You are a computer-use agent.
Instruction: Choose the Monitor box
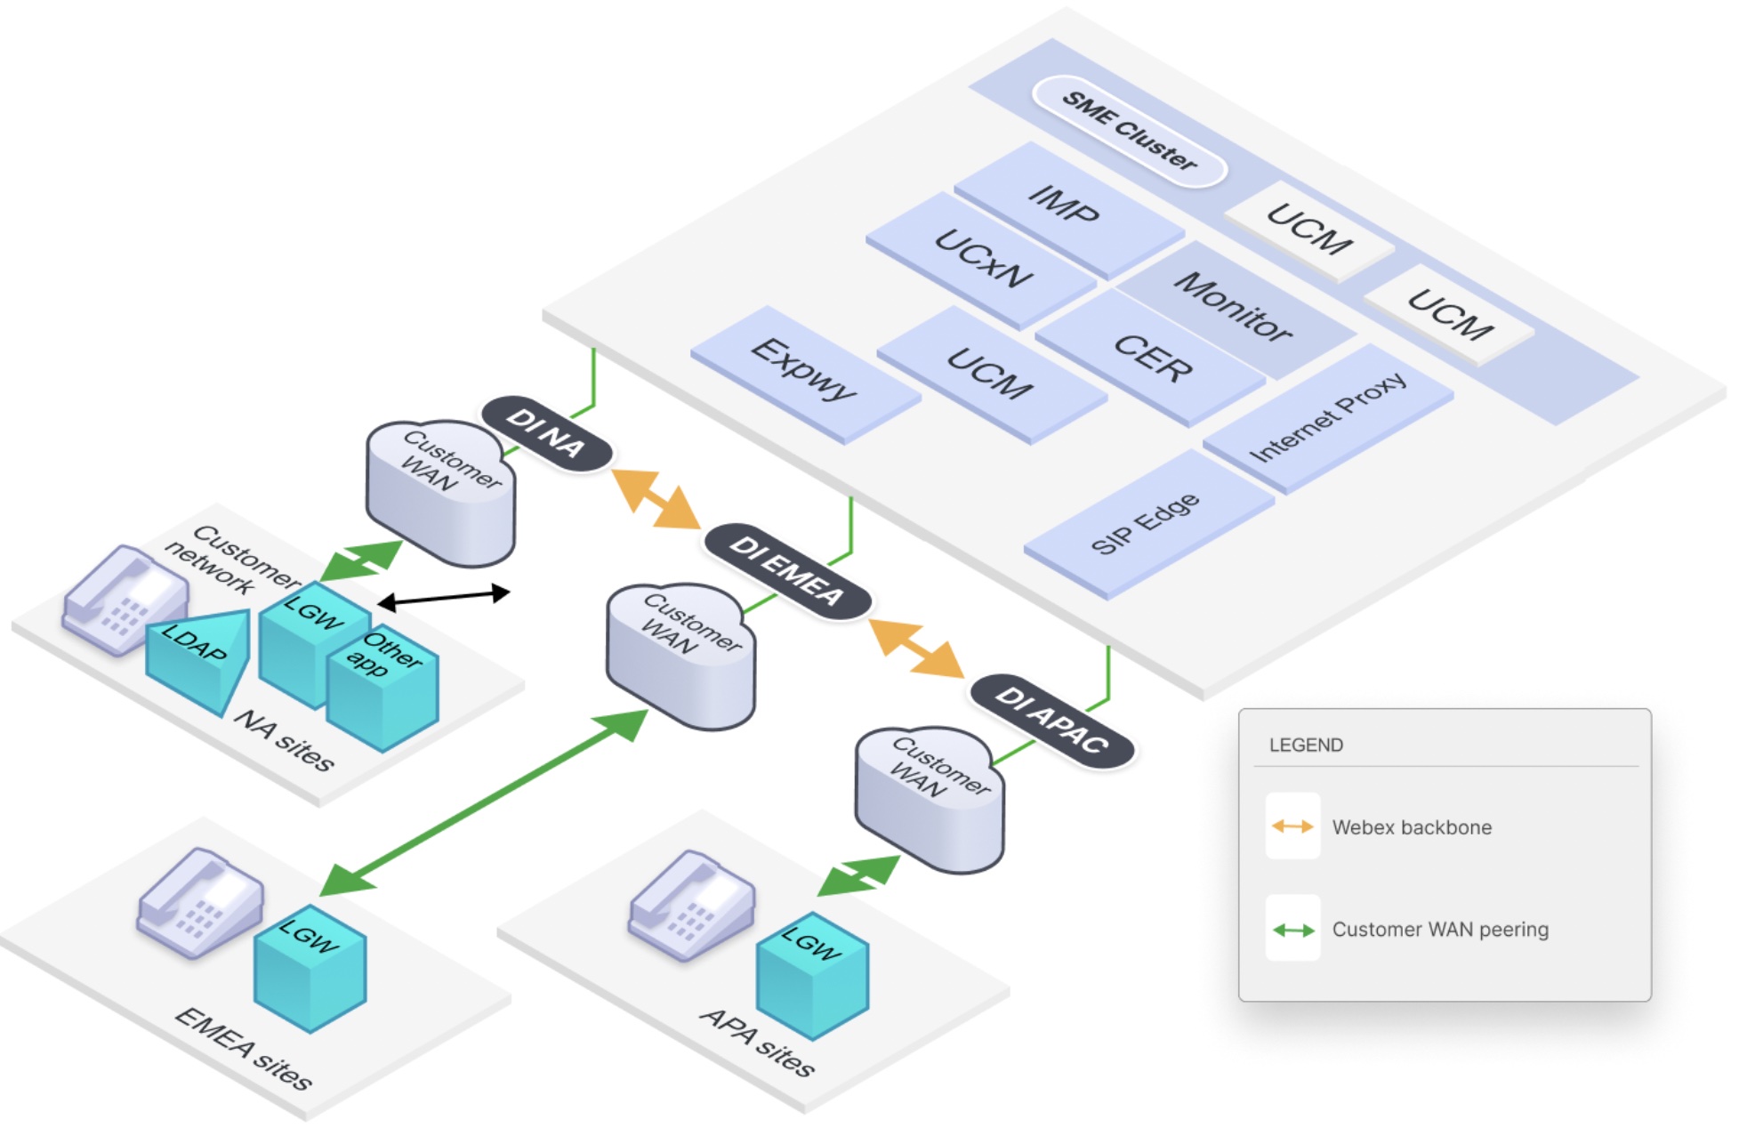point(1233,307)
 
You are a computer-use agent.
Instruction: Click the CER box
point(1152,358)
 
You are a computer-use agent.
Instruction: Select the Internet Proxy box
point(1327,417)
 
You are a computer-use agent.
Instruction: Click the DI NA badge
point(546,433)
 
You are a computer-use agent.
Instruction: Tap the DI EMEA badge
point(786,571)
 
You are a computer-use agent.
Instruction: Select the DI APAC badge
point(1051,720)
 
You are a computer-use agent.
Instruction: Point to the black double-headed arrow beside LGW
point(444,598)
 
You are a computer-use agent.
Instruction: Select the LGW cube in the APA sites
point(811,974)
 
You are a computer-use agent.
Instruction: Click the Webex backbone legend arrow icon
point(1292,826)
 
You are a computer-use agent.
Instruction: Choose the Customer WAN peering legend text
point(1440,930)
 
